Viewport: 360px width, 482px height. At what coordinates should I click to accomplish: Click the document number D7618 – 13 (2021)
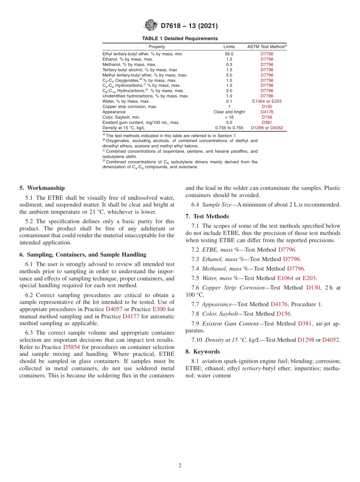[x=189, y=26]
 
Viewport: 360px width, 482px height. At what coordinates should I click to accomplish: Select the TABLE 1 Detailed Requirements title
[x=180, y=39]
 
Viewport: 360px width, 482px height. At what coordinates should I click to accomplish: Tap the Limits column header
[x=229, y=47]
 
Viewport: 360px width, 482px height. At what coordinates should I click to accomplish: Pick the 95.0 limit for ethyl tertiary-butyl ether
[x=229, y=54]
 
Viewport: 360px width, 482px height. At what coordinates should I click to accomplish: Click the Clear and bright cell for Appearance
[x=229, y=112]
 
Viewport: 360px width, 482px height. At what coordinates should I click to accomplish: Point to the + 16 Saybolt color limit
[x=229, y=117]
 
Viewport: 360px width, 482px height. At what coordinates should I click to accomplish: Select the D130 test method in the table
[x=267, y=107]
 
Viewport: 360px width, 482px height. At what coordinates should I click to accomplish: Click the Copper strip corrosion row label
[x=124, y=107]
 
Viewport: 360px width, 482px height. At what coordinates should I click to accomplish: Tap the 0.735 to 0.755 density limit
[x=229, y=128]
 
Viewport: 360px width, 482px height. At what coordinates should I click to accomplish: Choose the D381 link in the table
[x=267, y=123]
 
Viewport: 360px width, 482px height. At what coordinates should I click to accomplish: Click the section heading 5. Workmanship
[x=42, y=188]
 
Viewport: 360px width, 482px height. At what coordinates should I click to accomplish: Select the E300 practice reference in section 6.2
[x=159, y=309]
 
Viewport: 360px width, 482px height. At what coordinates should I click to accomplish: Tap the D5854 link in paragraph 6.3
[x=71, y=347]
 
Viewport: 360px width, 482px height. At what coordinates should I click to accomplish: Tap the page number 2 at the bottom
[x=180, y=466]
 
